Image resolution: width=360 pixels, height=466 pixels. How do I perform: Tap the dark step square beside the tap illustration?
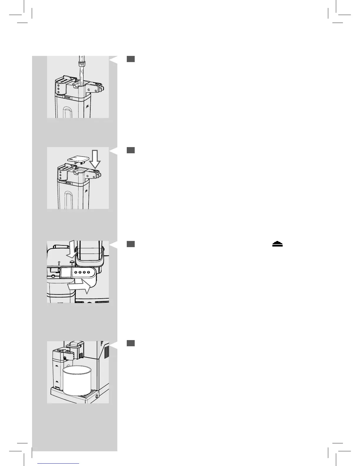(131, 59)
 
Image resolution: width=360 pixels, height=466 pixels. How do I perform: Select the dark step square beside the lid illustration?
(131, 150)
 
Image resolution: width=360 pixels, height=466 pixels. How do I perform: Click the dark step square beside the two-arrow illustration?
(131, 244)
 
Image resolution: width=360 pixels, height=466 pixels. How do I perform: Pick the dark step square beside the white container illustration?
(131, 343)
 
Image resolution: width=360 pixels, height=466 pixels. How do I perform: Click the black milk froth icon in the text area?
(277, 244)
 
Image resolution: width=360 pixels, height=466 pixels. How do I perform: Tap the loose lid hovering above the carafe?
(78, 159)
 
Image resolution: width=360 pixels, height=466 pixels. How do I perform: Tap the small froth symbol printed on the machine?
(71, 263)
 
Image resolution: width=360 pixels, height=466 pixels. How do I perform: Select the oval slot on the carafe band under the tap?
(67, 97)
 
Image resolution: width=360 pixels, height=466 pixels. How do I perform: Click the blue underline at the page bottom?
(59, 463)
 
